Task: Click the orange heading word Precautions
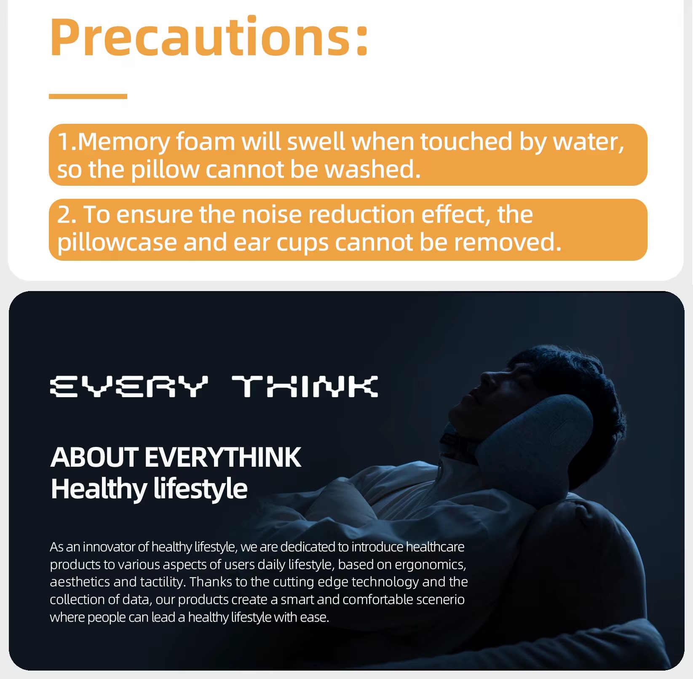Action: pyautogui.click(x=209, y=37)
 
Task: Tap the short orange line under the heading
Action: pyautogui.click(x=88, y=96)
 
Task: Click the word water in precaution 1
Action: pyautogui.click(x=589, y=142)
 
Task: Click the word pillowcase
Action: pyautogui.click(x=117, y=243)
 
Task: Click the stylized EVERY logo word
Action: pyautogui.click(x=129, y=387)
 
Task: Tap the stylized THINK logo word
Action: pyautogui.click(x=305, y=387)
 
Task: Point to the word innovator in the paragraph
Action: pyautogui.click(x=110, y=547)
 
